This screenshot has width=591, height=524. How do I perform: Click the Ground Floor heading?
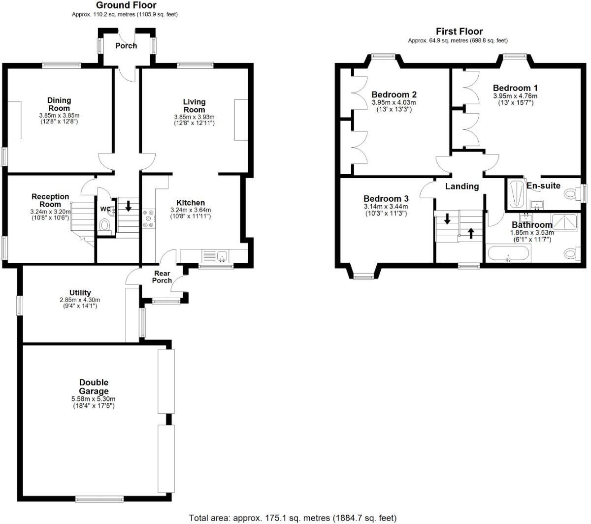pos(126,5)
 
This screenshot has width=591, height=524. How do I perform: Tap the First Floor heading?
pos(459,31)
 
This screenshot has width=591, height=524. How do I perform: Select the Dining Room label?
pos(59,104)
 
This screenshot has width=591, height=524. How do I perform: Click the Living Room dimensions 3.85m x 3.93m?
pos(194,117)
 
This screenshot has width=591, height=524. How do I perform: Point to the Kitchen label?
pos(191,203)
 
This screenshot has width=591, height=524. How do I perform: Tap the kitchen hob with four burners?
pos(148,219)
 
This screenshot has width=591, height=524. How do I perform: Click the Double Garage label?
pos(94,387)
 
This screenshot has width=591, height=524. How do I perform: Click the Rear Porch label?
pos(162,277)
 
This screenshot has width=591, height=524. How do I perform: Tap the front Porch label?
pos(126,46)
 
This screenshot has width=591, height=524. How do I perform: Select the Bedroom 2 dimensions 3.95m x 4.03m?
pos(394,103)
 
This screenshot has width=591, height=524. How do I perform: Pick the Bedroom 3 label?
pos(386,199)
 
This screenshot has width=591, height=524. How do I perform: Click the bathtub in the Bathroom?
pos(508,254)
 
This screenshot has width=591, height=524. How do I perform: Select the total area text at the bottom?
pos(293,518)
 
